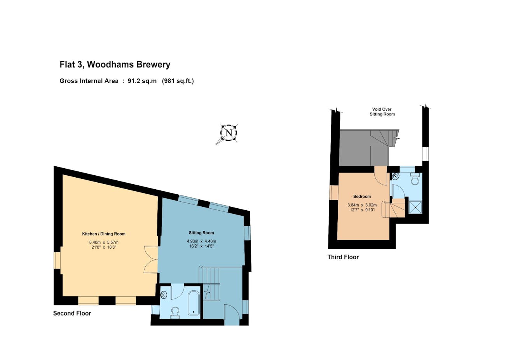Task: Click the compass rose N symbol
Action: click(229, 133)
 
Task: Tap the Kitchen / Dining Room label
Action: click(104, 234)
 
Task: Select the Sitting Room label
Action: click(201, 233)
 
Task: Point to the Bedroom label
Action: click(362, 197)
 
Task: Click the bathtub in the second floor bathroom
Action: click(194, 303)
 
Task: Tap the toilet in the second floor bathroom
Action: click(175, 312)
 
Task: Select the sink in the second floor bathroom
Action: click(164, 295)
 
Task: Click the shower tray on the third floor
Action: click(415, 207)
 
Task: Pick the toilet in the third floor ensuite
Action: click(415, 179)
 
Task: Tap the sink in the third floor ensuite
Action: click(396, 176)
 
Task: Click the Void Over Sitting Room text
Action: click(382, 112)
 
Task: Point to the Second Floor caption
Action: click(72, 313)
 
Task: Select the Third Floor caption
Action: click(343, 257)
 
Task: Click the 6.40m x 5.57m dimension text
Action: click(104, 242)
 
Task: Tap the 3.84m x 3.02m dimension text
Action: click(362, 205)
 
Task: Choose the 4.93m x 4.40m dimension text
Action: click(201, 241)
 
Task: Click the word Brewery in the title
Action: click(153, 65)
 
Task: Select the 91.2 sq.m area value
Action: click(142, 81)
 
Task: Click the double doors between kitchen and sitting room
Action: click(151, 259)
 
